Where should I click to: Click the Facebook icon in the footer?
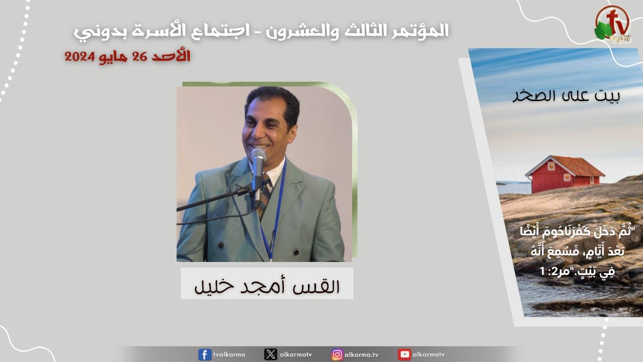[204, 354]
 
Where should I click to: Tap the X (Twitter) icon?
[270, 354]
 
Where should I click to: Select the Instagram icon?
[337, 354]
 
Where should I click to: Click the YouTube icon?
[404, 354]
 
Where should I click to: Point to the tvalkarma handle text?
[229, 354]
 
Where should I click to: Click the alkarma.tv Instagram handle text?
[361, 354]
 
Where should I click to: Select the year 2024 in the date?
[79, 57]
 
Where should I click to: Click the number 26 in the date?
[140, 57]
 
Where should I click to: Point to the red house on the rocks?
[564, 174]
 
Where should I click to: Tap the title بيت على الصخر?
[566, 96]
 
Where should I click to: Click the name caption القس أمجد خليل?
[267, 286]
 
